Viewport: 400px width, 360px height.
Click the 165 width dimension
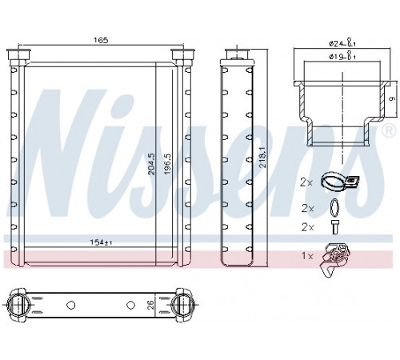click(101, 40)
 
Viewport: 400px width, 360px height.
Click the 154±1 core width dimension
click(101, 242)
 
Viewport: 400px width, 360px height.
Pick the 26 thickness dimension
click(150, 305)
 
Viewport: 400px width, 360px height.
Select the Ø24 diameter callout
click(342, 43)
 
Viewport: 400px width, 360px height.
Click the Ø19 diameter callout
click(342, 56)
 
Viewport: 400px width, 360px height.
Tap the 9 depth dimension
click(392, 99)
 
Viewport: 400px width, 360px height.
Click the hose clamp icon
click(340, 182)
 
